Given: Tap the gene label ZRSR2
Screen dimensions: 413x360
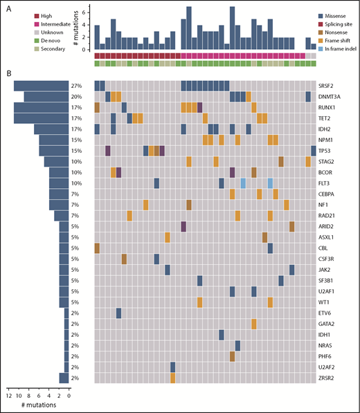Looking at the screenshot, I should [x=329, y=378].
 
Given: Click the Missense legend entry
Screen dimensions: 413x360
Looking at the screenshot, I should [x=336, y=15].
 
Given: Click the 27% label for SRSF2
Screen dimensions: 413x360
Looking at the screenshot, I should [x=77, y=85].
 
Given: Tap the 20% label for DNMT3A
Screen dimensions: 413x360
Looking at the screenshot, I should [x=77, y=96].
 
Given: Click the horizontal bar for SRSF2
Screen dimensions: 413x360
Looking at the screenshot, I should [x=42, y=85].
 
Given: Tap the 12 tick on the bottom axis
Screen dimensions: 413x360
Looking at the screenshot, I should [x=9, y=394].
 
